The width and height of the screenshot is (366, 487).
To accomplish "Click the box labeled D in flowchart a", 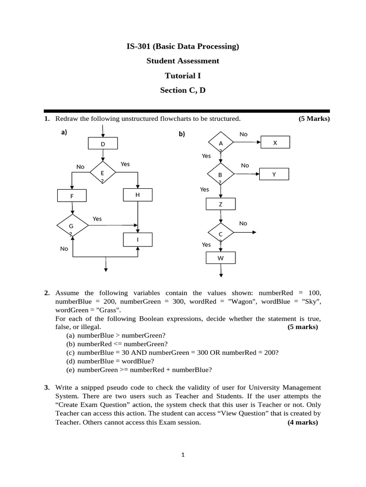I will [x=103, y=144].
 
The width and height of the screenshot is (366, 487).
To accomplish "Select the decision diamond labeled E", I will [x=102, y=174].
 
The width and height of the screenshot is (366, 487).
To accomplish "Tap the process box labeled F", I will [x=71, y=196].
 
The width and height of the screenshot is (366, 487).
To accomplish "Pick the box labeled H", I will [x=137, y=195].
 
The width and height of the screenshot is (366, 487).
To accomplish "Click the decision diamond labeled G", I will [x=72, y=226].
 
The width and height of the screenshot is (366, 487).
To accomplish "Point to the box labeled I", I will [x=137, y=240].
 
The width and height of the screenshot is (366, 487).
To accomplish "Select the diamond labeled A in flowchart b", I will [x=221, y=143].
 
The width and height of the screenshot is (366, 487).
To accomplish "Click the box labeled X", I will [x=274, y=143].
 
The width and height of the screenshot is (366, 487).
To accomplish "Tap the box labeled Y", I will [x=274, y=175].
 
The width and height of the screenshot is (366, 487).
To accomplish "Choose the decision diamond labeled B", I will [x=220, y=175].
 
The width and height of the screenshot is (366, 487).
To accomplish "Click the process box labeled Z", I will [x=220, y=205].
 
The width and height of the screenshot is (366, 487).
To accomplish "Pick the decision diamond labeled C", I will [x=221, y=234].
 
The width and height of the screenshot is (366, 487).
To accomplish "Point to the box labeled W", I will [x=220, y=258].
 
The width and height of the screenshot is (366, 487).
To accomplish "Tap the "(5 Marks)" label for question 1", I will [x=314, y=118].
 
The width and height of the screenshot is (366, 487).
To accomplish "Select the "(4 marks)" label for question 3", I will [x=303, y=422].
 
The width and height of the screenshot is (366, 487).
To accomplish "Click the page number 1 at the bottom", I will [x=183, y=455].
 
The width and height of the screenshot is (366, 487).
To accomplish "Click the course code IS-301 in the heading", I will [x=140, y=46].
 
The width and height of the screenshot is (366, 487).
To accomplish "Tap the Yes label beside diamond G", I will [x=97, y=219].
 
